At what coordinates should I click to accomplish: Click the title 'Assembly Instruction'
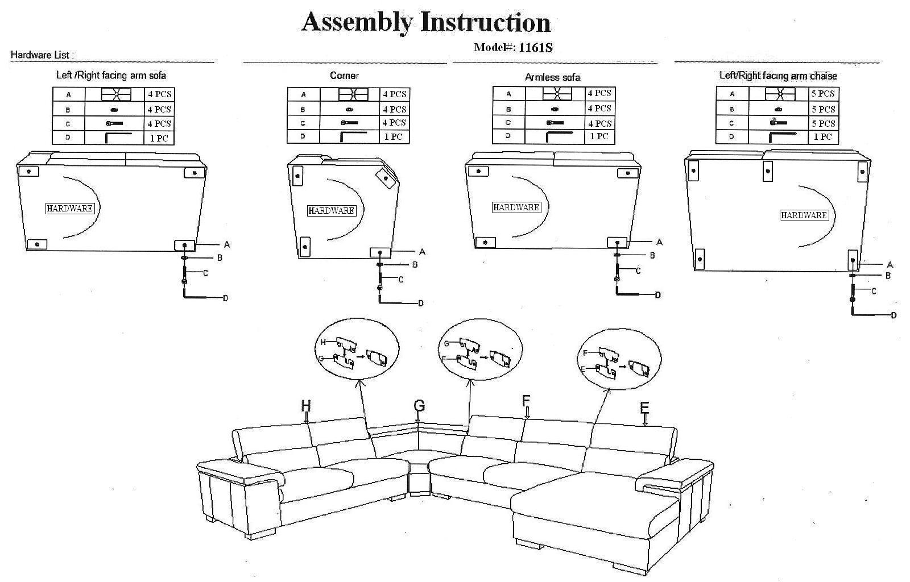tap(426, 22)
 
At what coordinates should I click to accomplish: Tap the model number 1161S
tap(535, 48)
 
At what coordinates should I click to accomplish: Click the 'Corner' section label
tap(344, 76)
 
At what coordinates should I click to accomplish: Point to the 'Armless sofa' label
tap(552, 77)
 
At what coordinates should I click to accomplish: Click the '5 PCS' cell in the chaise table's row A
tap(823, 94)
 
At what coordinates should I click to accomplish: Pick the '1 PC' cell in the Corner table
tap(393, 137)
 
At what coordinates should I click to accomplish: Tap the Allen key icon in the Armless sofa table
tap(559, 136)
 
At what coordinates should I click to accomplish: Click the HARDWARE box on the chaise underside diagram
tap(804, 215)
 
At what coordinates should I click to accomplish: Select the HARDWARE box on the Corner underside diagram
tap(331, 211)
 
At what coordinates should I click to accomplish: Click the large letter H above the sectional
tap(306, 405)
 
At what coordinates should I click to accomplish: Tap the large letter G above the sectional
tap(419, 405)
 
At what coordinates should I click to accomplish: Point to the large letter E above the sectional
tap(644, 408)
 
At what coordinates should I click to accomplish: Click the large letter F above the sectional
tap(526, 401)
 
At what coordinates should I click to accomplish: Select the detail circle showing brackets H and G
tap(358, 349)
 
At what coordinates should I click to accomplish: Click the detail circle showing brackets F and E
tap(619, 359)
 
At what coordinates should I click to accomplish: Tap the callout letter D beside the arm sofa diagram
tap(225, 298)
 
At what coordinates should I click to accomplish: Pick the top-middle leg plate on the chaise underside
tap(767, 171)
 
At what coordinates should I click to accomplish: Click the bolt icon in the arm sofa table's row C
tap(114, 123)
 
